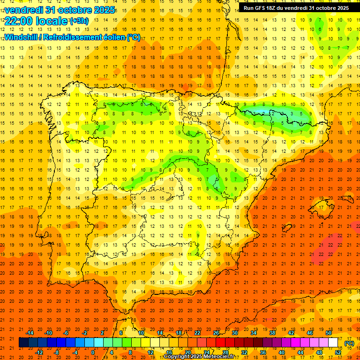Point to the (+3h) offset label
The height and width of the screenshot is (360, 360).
[x=78, y=21]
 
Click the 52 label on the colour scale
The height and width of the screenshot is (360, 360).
[x=338, y=352]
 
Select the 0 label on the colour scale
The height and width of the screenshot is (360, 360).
[x=93, y=352]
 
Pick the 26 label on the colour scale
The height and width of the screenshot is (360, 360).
[x=216, y=333]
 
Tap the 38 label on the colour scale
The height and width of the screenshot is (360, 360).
[x=272, y=333]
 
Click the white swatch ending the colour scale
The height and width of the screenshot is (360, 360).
[x=333, y=343]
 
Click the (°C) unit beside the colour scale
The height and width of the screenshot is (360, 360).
[x=349, y=343]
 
